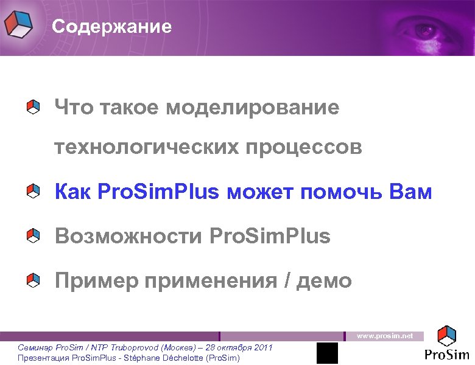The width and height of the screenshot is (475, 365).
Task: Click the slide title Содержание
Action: click(111, 27)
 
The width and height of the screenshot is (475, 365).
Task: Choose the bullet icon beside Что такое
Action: click(33, 108)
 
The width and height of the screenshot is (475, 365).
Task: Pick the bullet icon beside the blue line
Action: click(33, 193)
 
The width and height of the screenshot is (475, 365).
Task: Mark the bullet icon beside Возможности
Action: click(33, 235)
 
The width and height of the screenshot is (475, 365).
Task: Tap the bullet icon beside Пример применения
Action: click(33, 280)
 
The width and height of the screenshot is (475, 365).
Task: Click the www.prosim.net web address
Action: click(385, 336)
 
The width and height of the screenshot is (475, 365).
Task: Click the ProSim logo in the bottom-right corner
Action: click(448, 344)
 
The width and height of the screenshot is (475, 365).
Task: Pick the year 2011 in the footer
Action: click(262, 347)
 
